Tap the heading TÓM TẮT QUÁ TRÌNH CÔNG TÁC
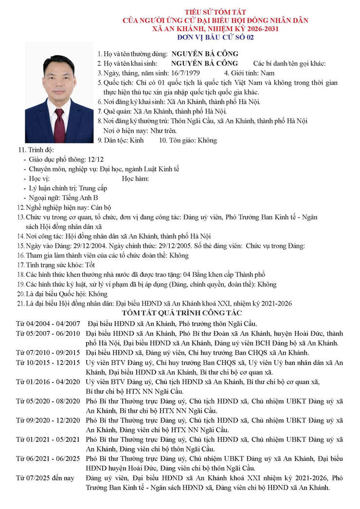182,313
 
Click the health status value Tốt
90,265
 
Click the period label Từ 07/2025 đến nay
46,478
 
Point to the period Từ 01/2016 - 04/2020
48,382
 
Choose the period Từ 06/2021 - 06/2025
48,458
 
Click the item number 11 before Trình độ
21,149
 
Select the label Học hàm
135,179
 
